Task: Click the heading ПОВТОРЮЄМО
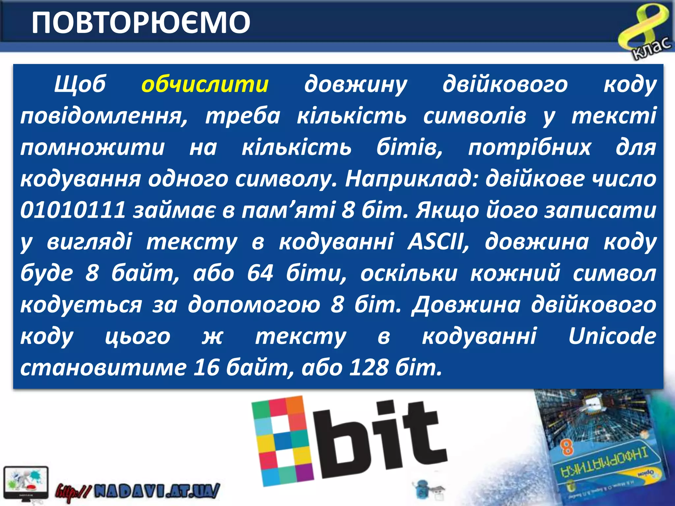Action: (x=141, y=22)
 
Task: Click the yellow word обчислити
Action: (x=205, y=84)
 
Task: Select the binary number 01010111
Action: (x=73, y=210)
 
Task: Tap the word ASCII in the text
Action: (x=438, y=241)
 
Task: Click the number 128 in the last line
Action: (x=368, y=367)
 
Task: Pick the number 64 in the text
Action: (x=260, y=273)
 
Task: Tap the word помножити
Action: (x=92, y=147)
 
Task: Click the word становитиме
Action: (x=103, y=367)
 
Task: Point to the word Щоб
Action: (x=80, y=84)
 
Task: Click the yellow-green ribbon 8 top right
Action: (x=643, y=28)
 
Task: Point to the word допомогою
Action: (x=254, y=305)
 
